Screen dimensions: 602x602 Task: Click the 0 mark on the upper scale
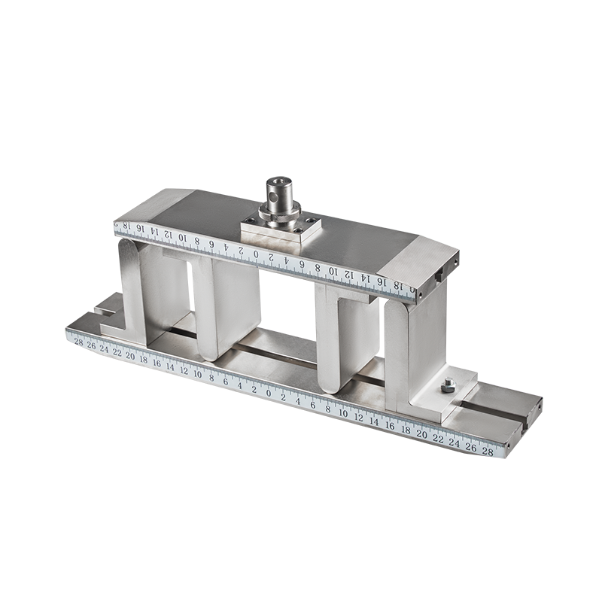pos(256,254)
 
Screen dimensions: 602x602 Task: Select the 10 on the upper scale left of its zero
pos(183,239)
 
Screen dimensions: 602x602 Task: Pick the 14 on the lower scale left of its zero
pos(170,367)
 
